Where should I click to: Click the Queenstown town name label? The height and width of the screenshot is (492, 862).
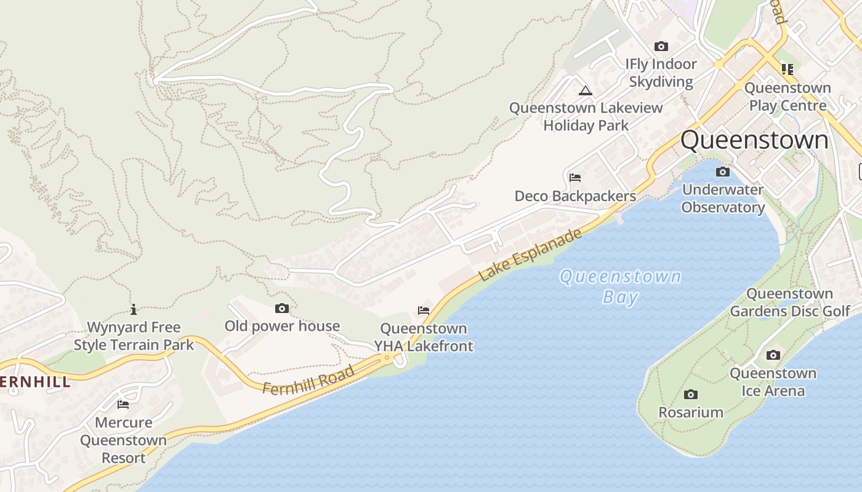pos(754,140)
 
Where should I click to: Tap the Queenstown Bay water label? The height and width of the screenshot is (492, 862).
pos(620,287)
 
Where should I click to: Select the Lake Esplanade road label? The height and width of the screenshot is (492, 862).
pos(530,255)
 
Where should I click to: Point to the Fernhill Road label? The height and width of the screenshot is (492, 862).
pos(308,380)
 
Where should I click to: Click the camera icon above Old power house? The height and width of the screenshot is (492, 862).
pos(282,308)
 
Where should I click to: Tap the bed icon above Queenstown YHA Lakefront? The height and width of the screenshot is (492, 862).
pos(423,311)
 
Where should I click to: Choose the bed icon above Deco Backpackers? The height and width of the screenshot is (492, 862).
pos(575,178)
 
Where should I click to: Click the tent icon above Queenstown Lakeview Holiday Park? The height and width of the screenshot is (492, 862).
pos(585,90)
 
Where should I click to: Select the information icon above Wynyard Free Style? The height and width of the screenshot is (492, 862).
pos(134,309)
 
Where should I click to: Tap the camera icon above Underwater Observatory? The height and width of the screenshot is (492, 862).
pos(723,172)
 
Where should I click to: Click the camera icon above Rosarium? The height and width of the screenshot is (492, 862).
pos(691,394)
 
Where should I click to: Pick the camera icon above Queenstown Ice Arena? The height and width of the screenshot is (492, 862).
pos(773,355)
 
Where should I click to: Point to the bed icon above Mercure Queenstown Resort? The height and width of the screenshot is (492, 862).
pos(123,404)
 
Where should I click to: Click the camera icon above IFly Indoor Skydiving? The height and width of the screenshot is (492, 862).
pos(661,46)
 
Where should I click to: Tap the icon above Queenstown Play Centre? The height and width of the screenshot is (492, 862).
pos(787,69)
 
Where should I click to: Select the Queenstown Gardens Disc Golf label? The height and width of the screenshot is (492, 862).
pos(790,302)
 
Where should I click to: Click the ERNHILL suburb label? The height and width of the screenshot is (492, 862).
pos(35,382)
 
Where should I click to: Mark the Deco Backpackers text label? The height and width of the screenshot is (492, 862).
pos(575,196)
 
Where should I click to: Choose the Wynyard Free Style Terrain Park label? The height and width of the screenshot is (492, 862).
pos(134,336)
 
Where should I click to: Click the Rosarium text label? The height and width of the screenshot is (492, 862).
pos(691,412)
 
